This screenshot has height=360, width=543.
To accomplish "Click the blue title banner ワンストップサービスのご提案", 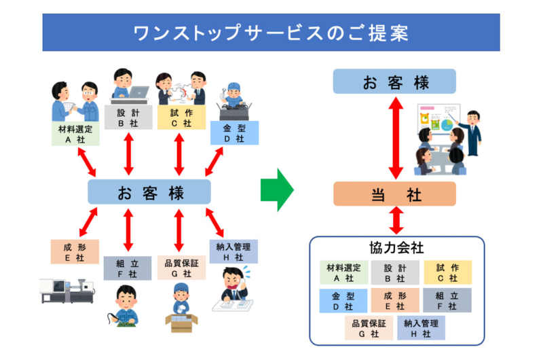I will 271,32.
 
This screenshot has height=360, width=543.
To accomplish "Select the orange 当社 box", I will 394,194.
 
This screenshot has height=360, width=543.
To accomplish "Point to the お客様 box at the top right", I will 394,83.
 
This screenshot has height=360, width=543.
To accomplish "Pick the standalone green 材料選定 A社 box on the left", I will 75,133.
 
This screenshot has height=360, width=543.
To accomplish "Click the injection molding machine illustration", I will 67,289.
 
